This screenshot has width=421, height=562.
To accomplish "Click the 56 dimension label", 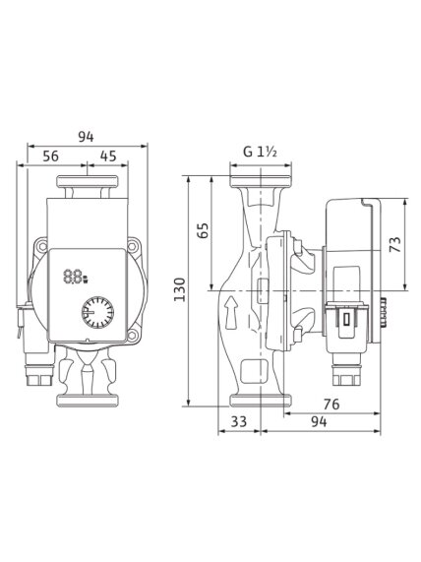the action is pos(50,156).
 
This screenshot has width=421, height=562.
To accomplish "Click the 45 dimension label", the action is pos(108,156).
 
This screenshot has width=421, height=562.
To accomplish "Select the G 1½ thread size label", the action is pos(260,152).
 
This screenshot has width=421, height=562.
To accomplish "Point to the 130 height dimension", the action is pos(179,289).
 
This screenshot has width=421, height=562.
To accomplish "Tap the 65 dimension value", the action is pos(203,231).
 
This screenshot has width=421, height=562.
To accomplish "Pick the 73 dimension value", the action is pos(394,244).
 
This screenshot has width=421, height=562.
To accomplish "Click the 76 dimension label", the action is pos(331,405).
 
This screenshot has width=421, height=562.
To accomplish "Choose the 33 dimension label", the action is pos(239,421).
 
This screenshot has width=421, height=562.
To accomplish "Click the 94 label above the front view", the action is pos(86,137).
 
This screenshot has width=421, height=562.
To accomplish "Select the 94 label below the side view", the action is pos(319,421).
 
